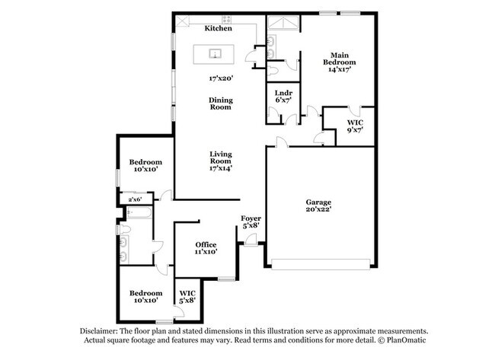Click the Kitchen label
click(218, 28)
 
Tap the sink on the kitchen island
click(215, 53)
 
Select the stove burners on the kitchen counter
click(226, 20)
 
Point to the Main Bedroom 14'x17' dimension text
click(340, 69)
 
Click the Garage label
click(318, 202)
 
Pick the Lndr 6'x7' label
click(283, 96)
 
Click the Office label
click(206, 244)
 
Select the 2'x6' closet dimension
click(135, 199)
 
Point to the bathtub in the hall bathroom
click(139, 212)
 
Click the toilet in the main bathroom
click(272, 70)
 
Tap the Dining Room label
click(221, 104)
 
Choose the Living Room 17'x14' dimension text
click(221, 168)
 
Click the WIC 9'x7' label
click(355, 126)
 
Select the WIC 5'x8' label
click(187, 297)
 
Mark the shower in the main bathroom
click(283, 23)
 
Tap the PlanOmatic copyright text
click(402, 340)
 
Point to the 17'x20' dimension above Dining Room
click(221, 78)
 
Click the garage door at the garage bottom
click(321, 264)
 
